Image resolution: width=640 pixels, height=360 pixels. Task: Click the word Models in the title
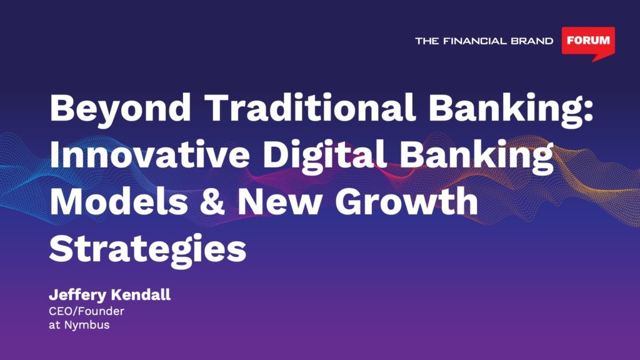click(x=119, y=201)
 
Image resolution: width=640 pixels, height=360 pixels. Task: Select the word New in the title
click(x=279, y=202)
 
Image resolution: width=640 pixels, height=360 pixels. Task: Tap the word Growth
click(x=406, y=201)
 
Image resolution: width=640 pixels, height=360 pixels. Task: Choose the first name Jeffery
click(x=77, y=296)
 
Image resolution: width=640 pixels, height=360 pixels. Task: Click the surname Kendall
click(x=141, y=295)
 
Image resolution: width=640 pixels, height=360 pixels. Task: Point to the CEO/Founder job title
click(x=86, y=311)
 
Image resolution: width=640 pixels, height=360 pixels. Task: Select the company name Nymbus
click(x=87, y=326)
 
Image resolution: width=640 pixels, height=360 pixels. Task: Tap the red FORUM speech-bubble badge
click(x=588, y=42)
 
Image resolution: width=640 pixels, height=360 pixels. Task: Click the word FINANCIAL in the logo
click(x=475, y=41)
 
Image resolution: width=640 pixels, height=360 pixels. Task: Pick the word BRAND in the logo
click(x=532, y=41)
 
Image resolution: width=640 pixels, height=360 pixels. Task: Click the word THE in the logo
click(x=427, y=41)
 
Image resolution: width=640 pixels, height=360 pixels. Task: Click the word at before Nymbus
click(x=55, y=325)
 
